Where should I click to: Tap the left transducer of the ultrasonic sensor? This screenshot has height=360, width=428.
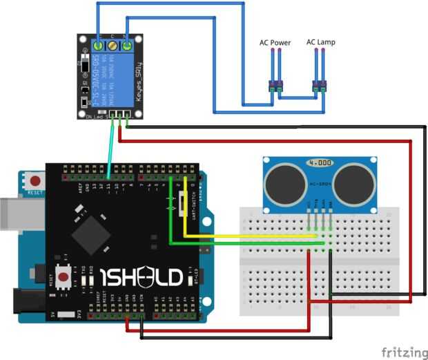(284, 181)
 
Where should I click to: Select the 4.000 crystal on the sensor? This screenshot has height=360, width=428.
(320, 163)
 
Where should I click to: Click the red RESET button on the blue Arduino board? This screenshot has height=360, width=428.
(34, 181)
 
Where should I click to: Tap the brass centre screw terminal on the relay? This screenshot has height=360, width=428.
(113, 46)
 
